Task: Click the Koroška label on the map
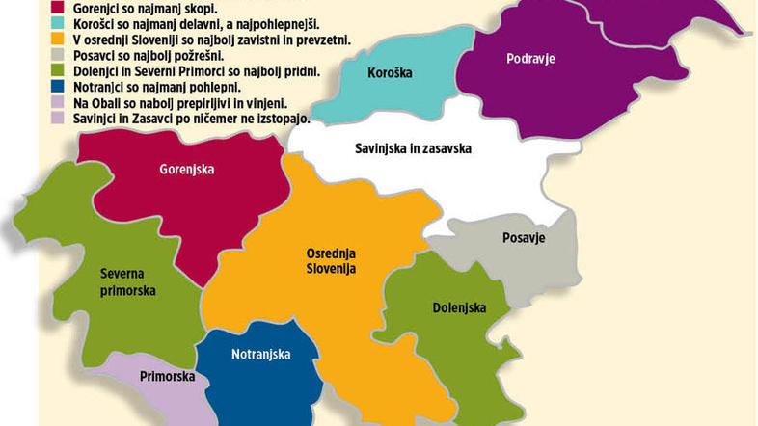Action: (x=391, y=72)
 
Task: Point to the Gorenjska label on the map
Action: (x=187, y=170)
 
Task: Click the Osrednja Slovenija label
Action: (x=324, y=260)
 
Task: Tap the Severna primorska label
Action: (x=128, y=281)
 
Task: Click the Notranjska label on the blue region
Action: (x=261, y=355)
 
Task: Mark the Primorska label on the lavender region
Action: (x=168, y=377)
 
